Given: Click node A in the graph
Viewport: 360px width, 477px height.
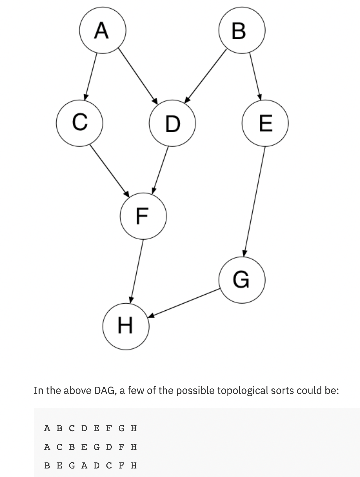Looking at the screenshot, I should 103,30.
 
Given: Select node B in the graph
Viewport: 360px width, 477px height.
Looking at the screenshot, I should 242,30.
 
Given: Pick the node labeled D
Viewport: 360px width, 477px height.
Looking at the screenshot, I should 172,123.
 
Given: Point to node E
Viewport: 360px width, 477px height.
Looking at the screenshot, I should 265,123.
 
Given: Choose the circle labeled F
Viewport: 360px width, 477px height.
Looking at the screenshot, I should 143,216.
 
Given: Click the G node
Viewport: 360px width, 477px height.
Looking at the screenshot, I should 242,280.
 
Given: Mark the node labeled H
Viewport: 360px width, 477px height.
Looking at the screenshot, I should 126,326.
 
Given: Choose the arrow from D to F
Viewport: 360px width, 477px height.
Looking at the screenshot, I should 161,170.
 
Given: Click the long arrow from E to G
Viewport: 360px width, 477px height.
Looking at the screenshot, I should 254,201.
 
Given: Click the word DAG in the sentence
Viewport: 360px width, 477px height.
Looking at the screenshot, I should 104,390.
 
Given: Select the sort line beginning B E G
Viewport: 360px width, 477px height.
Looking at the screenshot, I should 90,465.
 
